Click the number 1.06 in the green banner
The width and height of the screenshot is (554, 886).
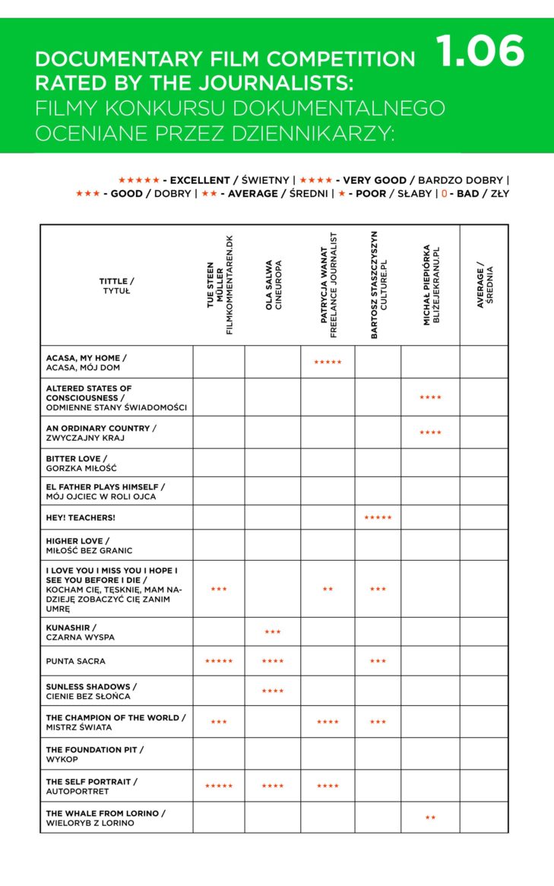coord(480,52)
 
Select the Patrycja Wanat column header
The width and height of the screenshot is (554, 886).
coord(328,285)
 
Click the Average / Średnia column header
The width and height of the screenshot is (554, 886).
coord(484,285)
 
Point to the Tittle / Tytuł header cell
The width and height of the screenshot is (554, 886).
coord(116,286)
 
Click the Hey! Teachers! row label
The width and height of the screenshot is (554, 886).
coord(81,517)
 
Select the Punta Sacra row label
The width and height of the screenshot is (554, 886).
coord(75,661)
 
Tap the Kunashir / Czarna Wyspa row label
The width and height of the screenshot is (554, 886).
coord(80,632)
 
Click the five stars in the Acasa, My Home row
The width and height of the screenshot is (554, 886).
coord(328,362)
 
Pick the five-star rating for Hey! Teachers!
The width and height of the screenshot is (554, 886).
coord(378,517)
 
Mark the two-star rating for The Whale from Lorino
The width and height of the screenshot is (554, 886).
coord(430,818)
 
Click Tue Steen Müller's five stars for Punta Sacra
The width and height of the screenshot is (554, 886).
coord(219,661)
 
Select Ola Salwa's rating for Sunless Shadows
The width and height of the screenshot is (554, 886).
coord(272,691)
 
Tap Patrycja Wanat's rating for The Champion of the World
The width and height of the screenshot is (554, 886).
coord(328,722)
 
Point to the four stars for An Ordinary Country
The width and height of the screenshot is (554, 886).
coord(430,433)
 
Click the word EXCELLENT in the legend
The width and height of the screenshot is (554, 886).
coord(199,180)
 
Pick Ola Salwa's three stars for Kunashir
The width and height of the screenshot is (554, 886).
coord(272,632)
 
